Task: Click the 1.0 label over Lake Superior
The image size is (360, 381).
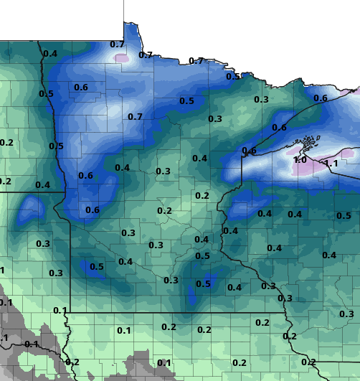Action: click(x=300, y=160)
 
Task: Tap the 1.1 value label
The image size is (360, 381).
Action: click(x=331, y=164)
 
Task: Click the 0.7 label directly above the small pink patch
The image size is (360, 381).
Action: click(x=117, y=44)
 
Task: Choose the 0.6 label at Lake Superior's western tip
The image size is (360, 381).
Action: click(x=249, y=151)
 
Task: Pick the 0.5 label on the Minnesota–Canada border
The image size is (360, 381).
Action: click(x=233, y=77)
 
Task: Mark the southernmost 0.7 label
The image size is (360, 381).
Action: click(x=135, y=116)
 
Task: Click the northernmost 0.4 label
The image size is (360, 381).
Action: click(x=50, y=54)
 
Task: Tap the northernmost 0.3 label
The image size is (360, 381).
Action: click(x=260, y=99)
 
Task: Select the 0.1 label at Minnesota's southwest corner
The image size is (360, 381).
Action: click(x=60, y=310)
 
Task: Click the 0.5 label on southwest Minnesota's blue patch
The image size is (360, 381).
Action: click(x=97, y=267)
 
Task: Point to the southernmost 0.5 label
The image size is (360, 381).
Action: click(x=204, y=284)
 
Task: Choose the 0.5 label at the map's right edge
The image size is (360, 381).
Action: click(x=344, y=216)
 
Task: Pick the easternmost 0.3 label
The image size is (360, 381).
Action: click(x=346, y=314)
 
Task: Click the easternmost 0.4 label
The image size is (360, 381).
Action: click(x=329, y=255)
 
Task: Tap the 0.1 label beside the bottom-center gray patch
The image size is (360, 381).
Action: click(x=164, y=363)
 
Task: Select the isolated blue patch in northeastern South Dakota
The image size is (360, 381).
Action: click(x=30, y=209)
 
